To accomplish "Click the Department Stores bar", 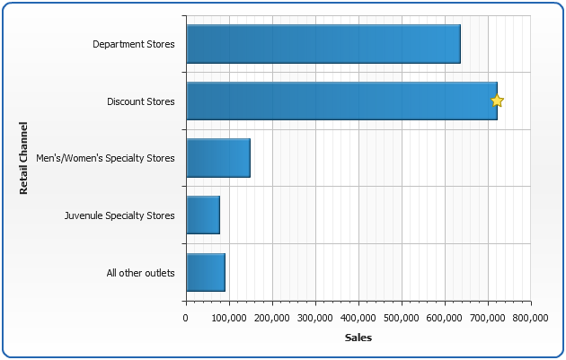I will point(323,44).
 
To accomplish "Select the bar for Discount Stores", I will point(340,101).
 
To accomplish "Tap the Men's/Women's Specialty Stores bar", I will point(217,158).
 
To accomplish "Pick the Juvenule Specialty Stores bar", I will point(202,215).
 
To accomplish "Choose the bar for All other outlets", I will point(205,272).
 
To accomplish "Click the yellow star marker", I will point(497,101).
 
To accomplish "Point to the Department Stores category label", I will point(133,44).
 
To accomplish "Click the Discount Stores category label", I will point(140,101).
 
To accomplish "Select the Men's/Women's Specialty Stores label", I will point(111,158).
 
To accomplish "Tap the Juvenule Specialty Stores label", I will point(119,215).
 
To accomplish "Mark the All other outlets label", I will point(140,272).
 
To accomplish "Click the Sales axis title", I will point(358,338).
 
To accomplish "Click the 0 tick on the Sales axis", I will point(186,318).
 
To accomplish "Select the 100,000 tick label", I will point(229,318).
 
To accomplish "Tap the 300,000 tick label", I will point(315,318).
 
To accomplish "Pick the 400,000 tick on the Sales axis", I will point(358,318).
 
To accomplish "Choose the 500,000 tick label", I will point(402,318).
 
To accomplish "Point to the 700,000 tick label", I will point(488,318).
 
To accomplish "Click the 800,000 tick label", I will point(530,318).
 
